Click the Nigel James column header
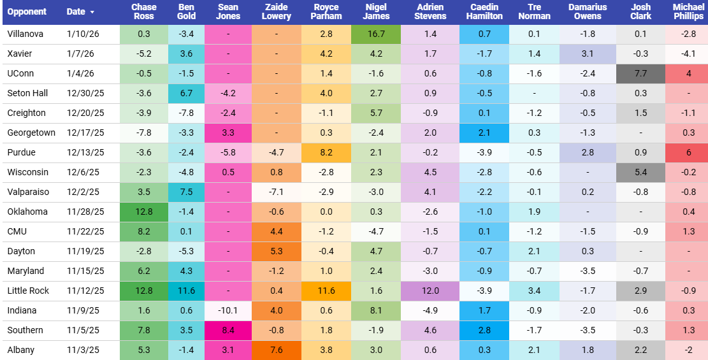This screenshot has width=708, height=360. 375,11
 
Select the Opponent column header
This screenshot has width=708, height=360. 26,12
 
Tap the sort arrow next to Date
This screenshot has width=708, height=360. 92,13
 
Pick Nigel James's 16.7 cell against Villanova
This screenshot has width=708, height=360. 375,34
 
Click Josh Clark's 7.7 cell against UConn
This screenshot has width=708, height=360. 640,73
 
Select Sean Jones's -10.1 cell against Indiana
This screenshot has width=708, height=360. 228,310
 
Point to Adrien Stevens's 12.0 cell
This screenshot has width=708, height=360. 430,291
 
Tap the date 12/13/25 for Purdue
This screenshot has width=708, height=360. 85,152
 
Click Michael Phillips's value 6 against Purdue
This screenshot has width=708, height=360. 688,152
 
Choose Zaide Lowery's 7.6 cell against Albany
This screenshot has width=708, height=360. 276,350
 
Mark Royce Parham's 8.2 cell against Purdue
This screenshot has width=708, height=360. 326,152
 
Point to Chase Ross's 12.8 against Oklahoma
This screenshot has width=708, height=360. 143,212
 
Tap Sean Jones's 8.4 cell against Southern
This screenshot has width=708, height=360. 228,330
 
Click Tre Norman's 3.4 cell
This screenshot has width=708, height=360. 534,291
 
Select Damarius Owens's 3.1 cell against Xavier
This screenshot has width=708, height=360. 588,54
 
